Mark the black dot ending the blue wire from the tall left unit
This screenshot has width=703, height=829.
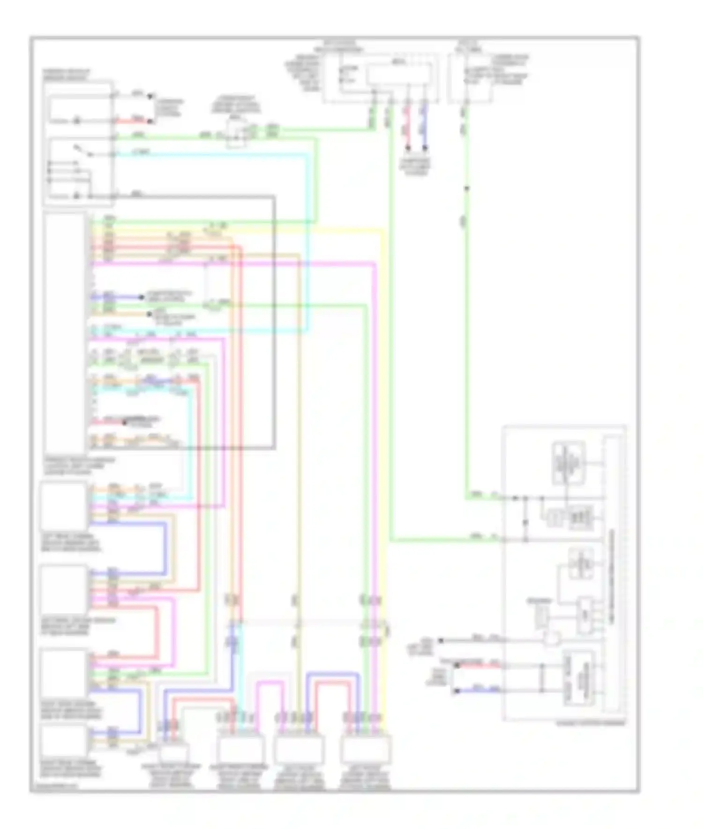pyautogui.click(x=141, y=297)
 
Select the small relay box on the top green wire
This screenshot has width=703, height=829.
pyautogui.click(x=237, y=133)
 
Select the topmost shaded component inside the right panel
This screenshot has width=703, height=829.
pyautogui.click(x=568, y=463)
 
